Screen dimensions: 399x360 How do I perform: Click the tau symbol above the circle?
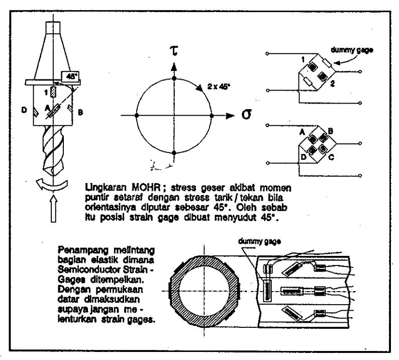[174, 50]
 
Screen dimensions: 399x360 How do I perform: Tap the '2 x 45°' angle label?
[219, 87]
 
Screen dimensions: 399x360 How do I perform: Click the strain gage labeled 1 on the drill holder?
[53, 92]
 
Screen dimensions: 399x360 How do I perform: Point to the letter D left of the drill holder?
[24, 110]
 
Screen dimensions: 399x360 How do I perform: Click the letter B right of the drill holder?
[80, 112]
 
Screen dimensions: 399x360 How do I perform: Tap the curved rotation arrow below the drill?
[52, 184]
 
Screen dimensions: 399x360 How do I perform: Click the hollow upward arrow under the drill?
[53, 209]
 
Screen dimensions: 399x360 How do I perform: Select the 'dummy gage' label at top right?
[352, 50]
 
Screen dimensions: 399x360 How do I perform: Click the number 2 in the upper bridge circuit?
[332, 83]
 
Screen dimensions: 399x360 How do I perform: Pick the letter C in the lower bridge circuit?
[331, 157]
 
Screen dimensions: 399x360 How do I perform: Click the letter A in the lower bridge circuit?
[302, 132]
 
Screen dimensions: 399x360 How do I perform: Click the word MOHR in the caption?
[146, 188]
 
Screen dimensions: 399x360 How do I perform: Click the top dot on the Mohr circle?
[174, 78]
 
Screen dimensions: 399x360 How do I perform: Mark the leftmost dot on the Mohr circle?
[137, 116]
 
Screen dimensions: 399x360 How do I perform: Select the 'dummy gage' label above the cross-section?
[259, 241]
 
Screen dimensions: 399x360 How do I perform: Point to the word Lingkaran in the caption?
[106, 188]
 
